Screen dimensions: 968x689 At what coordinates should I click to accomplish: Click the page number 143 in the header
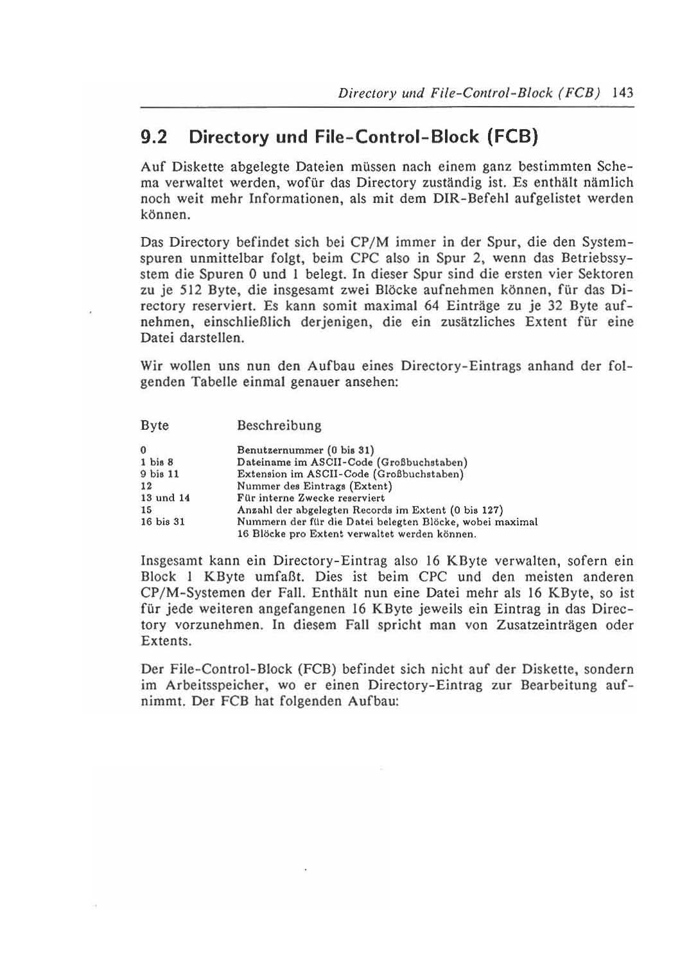point(623,92)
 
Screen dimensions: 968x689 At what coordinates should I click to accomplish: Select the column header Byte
point(155,426)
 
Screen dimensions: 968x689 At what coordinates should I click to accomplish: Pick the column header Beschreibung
point(279,426)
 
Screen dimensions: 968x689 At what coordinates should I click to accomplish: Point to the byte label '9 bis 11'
point(160,474)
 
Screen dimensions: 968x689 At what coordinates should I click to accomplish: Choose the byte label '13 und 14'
point(165,498)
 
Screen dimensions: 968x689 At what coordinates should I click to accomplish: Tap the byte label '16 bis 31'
point(162,522)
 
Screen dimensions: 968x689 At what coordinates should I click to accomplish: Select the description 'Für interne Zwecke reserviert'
point(311,498)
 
